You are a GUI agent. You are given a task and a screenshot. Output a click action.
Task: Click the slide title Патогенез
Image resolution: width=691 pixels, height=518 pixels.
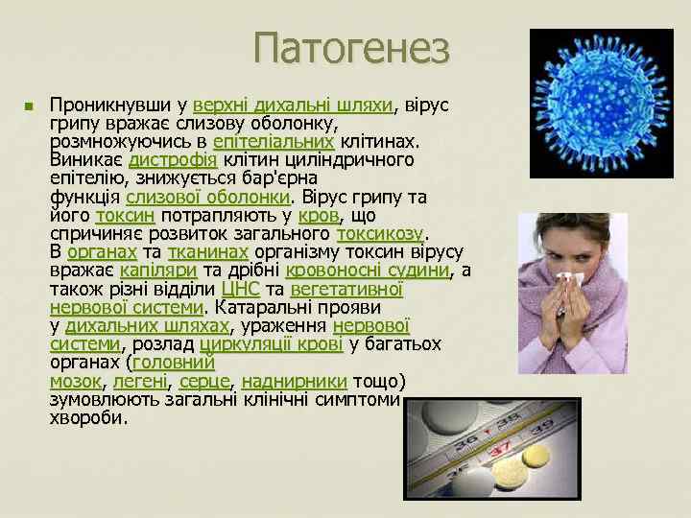coord(352,49)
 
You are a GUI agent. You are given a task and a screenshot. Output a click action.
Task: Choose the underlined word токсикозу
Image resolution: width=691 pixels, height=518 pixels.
coord(380,233)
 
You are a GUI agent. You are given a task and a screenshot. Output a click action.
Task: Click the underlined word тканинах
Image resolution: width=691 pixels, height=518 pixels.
coord(207,252)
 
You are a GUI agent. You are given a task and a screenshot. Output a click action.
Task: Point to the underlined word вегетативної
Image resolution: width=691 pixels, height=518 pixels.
coord(346,289)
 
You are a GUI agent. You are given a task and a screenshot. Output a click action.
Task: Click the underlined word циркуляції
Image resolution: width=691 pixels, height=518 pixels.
coord(242,344)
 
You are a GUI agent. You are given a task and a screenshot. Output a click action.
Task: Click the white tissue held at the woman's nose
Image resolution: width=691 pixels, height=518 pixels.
coord(572,280)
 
